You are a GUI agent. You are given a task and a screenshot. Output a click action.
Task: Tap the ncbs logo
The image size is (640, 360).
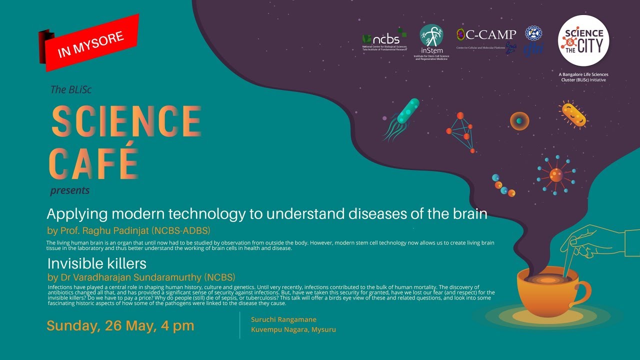(384, 40)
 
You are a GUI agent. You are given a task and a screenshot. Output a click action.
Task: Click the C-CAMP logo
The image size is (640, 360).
(486, 36)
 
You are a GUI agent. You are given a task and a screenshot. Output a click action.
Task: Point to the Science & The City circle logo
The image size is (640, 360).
(583, 41)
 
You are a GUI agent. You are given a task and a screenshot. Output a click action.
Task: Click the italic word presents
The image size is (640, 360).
(69, 190)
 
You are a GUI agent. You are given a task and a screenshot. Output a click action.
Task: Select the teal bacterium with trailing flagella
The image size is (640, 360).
(403, 116)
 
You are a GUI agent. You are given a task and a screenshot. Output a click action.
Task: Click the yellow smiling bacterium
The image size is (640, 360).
(573, 113)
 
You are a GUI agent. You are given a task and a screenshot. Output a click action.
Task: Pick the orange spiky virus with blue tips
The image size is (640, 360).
(555, 174)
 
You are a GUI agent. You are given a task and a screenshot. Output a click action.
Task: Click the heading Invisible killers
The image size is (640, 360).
(96, 263)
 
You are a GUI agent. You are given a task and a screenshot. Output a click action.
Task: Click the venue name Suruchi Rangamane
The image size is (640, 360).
(284, 319)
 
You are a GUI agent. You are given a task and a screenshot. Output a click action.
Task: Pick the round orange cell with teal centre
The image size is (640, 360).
(519, 120)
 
